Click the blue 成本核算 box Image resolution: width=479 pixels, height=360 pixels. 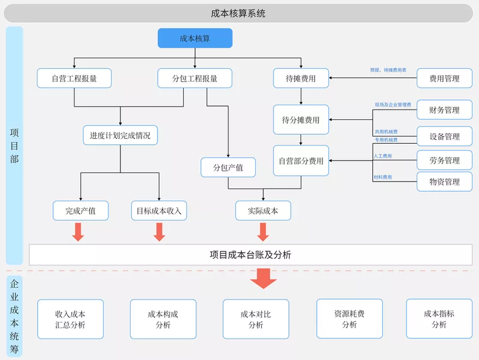(195, 38)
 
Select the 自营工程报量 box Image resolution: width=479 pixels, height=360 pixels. (74, 78)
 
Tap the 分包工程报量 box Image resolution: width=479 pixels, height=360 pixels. (195, 78)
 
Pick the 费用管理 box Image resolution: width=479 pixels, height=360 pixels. (444, 78)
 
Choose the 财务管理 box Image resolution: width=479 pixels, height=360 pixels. (444, 110)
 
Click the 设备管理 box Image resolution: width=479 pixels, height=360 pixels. (444, 136)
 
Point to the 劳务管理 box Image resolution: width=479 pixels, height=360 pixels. (444, 161)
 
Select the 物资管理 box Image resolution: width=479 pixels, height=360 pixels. (444, 182)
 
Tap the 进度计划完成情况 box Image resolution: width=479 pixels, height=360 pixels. (120, 135)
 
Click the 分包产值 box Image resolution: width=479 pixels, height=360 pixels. (228, 167)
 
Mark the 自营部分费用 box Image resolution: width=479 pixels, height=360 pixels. (301, 161)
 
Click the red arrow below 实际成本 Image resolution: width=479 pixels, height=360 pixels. (262, 232)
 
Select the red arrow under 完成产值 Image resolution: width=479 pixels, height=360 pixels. (78, 232)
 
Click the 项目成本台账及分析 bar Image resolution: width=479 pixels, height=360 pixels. (250, 255)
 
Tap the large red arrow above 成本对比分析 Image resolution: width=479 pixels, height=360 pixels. (263, 277)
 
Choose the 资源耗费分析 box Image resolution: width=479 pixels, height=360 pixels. (349, 319)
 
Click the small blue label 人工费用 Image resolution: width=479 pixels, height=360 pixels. (383, 156)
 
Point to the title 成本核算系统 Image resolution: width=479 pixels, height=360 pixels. (238, 13)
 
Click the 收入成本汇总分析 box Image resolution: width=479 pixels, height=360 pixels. (70, 319)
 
